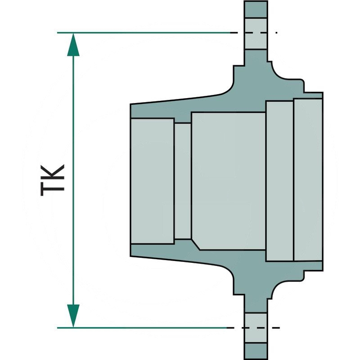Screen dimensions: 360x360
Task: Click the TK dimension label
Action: pos(53,180)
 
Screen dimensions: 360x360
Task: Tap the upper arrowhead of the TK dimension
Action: pos(73,44)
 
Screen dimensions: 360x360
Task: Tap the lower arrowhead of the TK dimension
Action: pos(73,316)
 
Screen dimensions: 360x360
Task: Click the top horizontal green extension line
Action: pos(144,33)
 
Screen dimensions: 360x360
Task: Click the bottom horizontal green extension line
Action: pos(142,328)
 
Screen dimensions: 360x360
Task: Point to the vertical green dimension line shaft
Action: pos(73,180)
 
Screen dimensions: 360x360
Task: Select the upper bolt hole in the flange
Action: pos(256,33)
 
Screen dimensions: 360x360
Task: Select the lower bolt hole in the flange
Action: pos(256,328)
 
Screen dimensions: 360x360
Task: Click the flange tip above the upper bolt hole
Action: pos(256,9)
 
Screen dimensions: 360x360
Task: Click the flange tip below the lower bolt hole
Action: pos(256,351)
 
